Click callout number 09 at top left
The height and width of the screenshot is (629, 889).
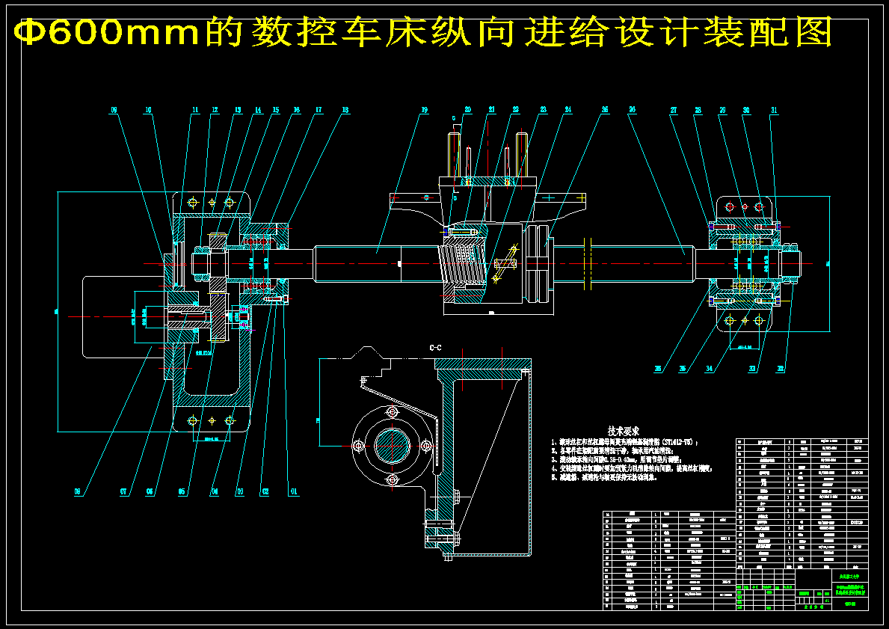click(114, 111)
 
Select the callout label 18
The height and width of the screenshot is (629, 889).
click(345, 111)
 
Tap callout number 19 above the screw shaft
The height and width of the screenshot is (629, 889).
click(424, 111)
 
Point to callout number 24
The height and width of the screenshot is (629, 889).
click(568, 111)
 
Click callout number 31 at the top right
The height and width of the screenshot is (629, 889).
click(774, 111)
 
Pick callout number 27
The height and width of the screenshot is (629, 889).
click(674, 111)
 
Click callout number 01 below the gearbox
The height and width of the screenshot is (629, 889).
click(294, 492)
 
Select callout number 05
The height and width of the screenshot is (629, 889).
click(182, 492)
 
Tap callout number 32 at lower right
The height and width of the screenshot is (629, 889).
click(781, 368)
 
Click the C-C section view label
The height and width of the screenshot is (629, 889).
click(435, 349)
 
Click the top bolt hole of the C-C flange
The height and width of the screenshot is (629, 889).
click(390, 412)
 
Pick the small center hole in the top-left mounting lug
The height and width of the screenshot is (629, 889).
click(212, 203)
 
